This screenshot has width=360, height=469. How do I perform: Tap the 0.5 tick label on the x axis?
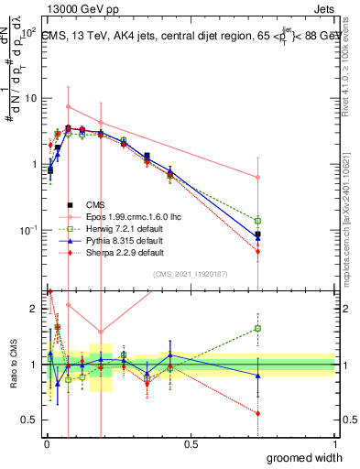point(191,443)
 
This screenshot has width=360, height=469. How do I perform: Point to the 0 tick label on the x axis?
point(46,443)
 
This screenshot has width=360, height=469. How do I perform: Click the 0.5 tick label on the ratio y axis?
point(29,420)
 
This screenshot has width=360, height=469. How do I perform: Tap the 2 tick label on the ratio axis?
point(35,309)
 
